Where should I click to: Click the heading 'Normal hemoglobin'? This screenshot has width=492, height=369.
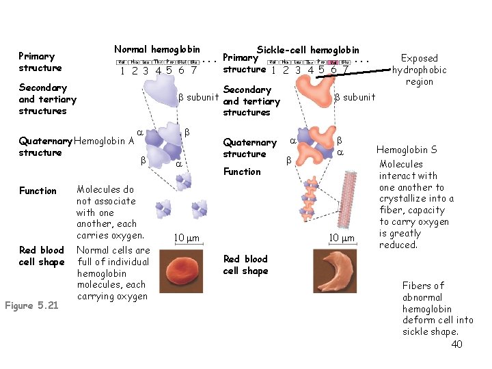(x=157, y=49)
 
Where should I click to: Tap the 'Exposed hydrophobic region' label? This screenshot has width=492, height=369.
(x=420, y=70)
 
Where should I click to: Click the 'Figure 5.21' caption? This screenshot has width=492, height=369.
(x=33, y=305)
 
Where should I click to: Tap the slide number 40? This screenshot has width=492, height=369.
(x=456, y=344)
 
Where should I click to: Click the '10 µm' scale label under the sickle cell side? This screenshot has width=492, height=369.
(x=342, y=237)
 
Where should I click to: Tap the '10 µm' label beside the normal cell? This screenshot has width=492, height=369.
(x=187, y=237)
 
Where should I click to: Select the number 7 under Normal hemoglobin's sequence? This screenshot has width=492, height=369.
(x=194, y=70)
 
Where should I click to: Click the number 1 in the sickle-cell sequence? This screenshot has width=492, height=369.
(x=273, y=70)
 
